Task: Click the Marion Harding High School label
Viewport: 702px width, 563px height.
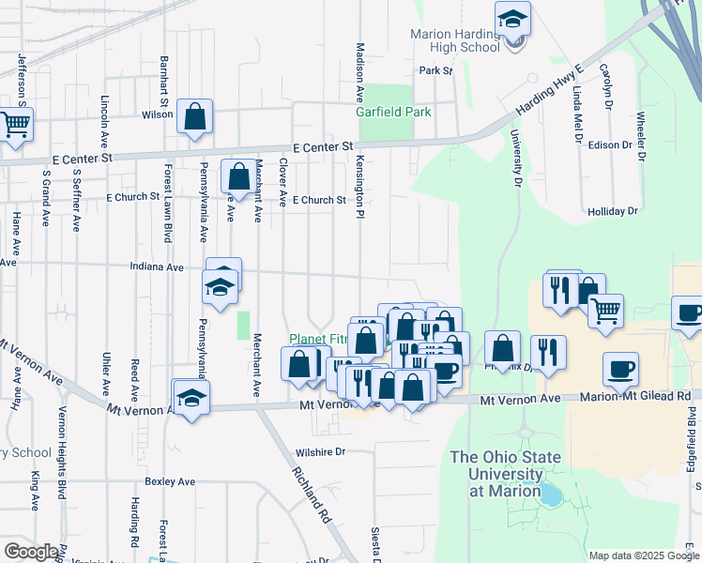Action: [x=455, y=40]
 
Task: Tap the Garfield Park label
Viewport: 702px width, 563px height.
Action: [x=393, y=112]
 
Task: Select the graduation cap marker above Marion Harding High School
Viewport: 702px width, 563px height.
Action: [x=513, y=18]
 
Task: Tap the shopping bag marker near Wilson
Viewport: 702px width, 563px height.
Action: [x=195, y=117]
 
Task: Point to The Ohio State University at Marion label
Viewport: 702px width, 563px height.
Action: [x=505, y=474]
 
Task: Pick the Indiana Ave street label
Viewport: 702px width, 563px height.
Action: [x=159, y=266]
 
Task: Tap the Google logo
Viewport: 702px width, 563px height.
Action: [x=31, y=552]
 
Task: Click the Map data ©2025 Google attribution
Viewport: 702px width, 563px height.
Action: [x=643, y=555]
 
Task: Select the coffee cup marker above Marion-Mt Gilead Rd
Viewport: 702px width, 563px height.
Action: [x=620, y=369]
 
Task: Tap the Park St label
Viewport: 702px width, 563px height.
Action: [x=436, y=70]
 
